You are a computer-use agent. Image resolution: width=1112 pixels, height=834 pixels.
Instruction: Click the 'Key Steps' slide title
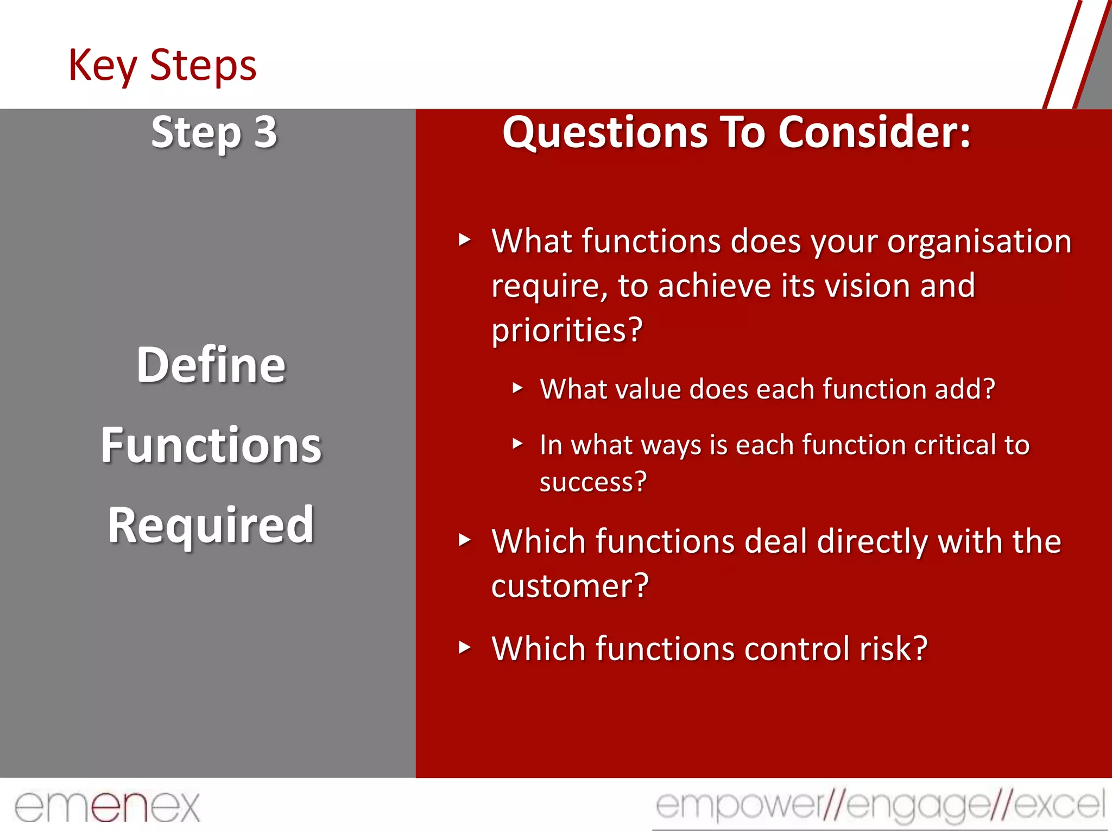coord(162,66)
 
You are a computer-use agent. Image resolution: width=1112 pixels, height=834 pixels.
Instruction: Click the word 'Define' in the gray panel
coord(211,365)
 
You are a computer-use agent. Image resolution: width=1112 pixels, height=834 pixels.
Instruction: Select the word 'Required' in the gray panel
coord(211,525)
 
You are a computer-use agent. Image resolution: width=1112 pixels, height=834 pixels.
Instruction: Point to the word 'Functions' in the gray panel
coord(211,445)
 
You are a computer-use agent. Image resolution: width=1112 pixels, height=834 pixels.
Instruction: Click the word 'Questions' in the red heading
coord(605,132)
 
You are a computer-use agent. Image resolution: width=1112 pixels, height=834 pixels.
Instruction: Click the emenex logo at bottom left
coord(107,807)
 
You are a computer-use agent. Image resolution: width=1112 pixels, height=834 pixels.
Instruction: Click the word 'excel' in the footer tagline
coord(1059,805)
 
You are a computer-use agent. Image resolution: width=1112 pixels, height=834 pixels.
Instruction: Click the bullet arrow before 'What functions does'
coord(464,239)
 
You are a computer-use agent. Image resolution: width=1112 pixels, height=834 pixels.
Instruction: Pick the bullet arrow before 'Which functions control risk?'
coord(464,647)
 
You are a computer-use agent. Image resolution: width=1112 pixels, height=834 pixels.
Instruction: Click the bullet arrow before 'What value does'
coord(517,388)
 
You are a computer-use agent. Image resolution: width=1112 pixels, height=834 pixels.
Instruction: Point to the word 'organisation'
coord(979,242)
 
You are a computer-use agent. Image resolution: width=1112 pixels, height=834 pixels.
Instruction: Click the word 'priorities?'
coord(567,330)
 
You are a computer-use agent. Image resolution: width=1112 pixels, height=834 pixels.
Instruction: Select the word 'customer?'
coord(570,586)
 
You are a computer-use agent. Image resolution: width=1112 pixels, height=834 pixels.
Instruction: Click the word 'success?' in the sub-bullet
coord(593,482)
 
